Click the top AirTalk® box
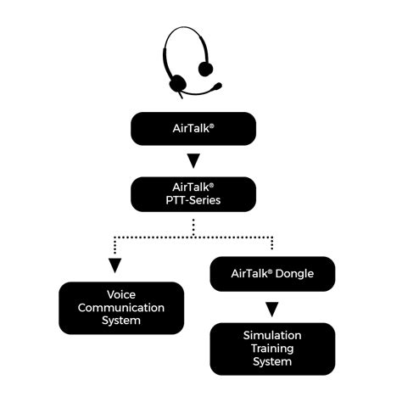click(193, 129)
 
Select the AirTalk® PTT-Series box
click(193, 194)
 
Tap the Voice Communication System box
click(120, 308)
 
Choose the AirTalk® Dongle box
click(271, 274)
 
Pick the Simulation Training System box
click(271, 349)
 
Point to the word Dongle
click(293, 274)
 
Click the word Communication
click(120, 308)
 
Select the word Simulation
click(272, 336)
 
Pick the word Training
click(272, 349)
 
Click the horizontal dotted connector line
click(193, 235)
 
